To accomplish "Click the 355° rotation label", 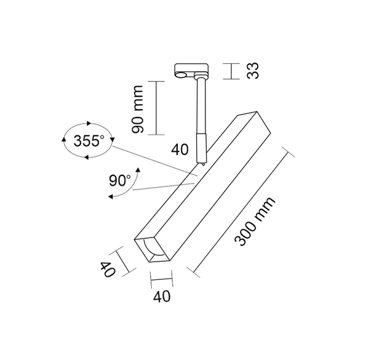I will click(x=89, y=141).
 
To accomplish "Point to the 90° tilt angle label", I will click(x=119, y=181).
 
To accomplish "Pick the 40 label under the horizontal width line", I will click(x=161, y=297).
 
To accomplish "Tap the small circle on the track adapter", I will click(x=180, y=76).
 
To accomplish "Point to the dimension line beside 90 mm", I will click(x=156, y=108).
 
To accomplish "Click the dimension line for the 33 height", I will click(x=231, y=70).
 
